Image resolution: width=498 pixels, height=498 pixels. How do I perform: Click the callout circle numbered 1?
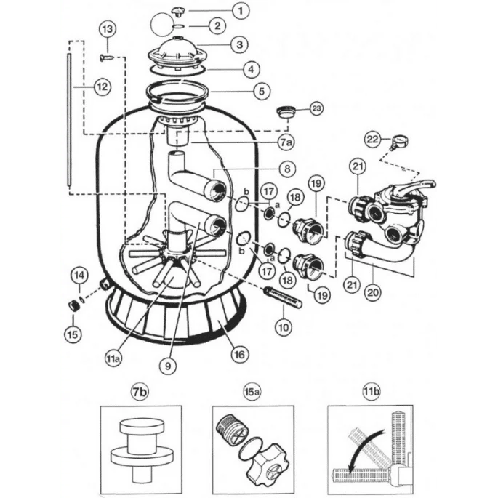pyautogui.click(x=241, y=11)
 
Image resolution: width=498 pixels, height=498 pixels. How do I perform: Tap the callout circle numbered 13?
pyautogui.click(x=108, y=29)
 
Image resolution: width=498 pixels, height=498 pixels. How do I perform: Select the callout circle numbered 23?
pyautogui.click(x=316, y=108)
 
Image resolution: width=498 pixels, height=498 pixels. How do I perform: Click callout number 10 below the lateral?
pyautogui.click(x=284, y=326)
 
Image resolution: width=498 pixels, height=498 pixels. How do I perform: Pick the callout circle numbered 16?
pyautogui.click(x=240, y=354)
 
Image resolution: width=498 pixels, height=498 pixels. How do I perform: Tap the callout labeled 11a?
pyautogui.click(x=113, y=359)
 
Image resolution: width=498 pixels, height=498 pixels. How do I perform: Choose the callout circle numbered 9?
pyautogui.click(x=168, y=366)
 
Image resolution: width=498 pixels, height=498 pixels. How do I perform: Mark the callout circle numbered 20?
pyautogui.click(x=373, y=292)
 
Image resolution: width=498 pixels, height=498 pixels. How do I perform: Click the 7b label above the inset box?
pyautogui.click(x=140, y=392)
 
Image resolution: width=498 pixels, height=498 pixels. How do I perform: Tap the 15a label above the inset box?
pyautogui.click(x=252, y=392)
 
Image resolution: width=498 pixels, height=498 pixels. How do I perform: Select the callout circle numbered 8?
pyautogui.click(x=287, y=169)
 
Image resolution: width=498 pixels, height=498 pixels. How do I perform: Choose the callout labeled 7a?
pyautogui.click(x=286, y=142)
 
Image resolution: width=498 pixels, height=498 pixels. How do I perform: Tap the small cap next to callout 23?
pyautogui.click(x=287, y=113)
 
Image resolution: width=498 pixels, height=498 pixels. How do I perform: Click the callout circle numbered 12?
pyautogui.click(x=103, y=87)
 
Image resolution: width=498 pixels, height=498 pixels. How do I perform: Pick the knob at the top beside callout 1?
pyautogui.click(x=176, y=11)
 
